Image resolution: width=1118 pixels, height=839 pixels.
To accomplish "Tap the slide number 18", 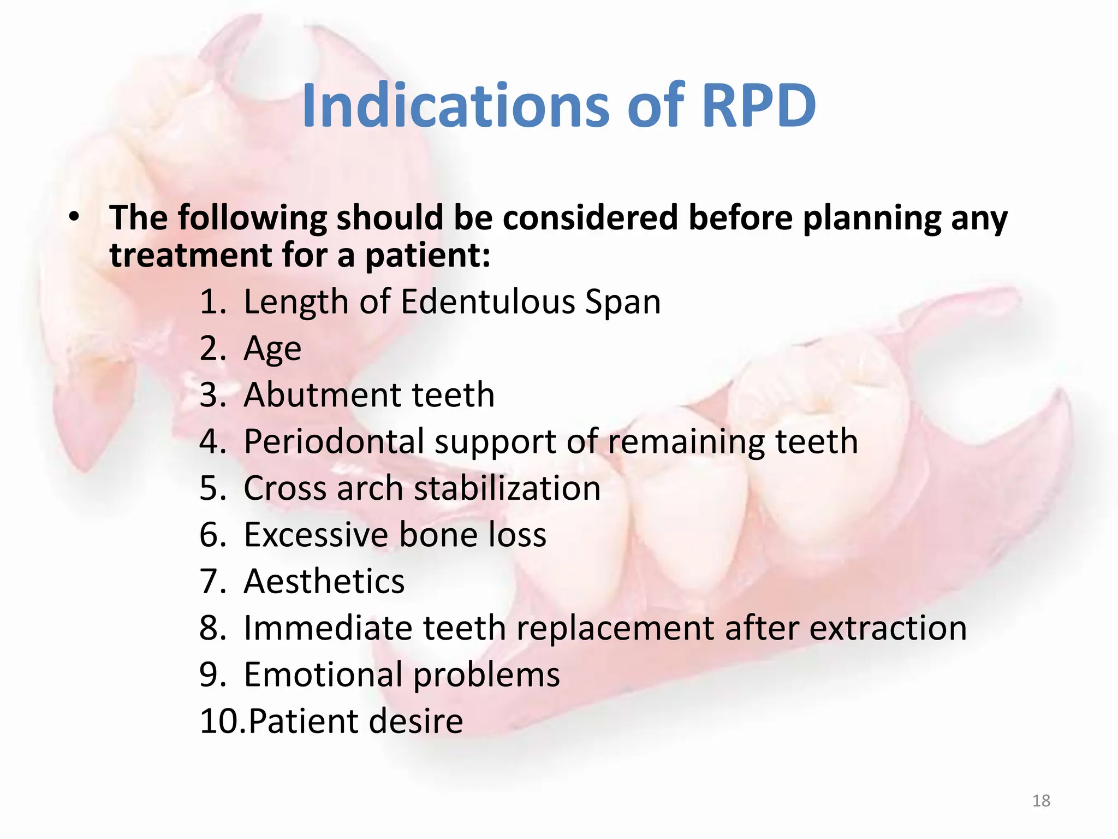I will point(1041,801).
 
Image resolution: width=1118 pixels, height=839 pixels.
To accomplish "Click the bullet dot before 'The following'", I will point(74,217).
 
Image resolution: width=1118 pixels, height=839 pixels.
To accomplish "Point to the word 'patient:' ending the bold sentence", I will point(427,255).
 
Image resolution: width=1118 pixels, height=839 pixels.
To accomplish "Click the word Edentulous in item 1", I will point(487,302).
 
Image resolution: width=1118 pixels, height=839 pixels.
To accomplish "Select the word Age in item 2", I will point(272,348).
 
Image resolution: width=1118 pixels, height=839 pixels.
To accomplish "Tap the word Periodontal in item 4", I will point(334,441).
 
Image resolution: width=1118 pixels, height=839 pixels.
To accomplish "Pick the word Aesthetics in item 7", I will point(324,581).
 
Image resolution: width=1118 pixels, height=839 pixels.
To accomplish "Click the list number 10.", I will point(220,721).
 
